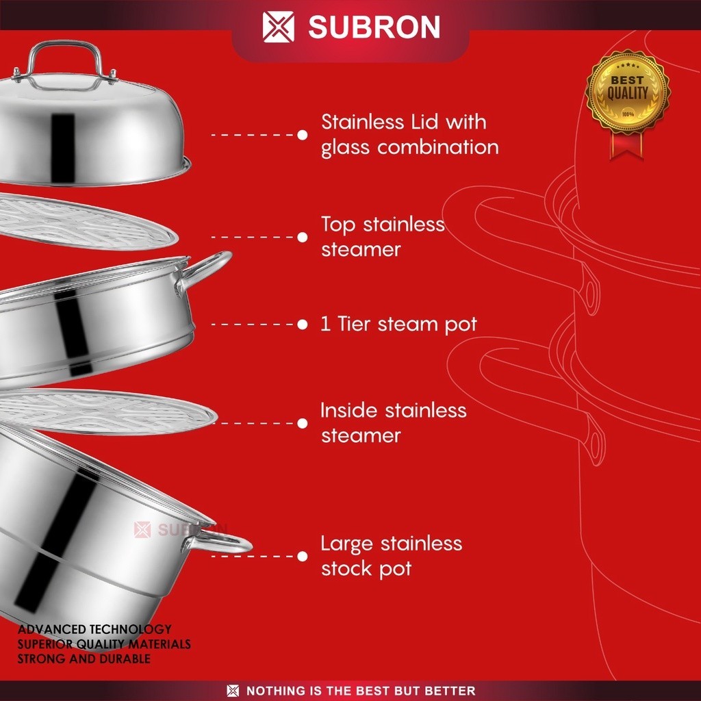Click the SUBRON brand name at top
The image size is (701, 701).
coord(374,27)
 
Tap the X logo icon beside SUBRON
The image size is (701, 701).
coord(279,27)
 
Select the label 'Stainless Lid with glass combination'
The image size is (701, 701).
coord(409,135)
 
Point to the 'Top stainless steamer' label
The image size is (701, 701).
coord(383,237)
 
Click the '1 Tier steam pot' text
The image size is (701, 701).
coord(398,324)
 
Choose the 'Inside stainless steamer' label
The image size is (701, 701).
coord(393,422)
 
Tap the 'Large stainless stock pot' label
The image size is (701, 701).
coord(391,556)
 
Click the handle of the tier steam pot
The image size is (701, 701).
coord(205,268)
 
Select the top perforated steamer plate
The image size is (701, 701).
coord(82,223)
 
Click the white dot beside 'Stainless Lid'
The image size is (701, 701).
coord(303,135)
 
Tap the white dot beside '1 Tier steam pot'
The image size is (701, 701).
coord(303,324)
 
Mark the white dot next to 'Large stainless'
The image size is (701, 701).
coord(303,556)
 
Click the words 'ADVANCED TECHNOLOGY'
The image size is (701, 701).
coord(94,629)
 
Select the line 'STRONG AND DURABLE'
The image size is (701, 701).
coord(84,659)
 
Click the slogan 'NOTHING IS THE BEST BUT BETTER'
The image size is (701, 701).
coord(360,691)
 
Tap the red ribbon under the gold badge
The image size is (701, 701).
coord(628,145)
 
